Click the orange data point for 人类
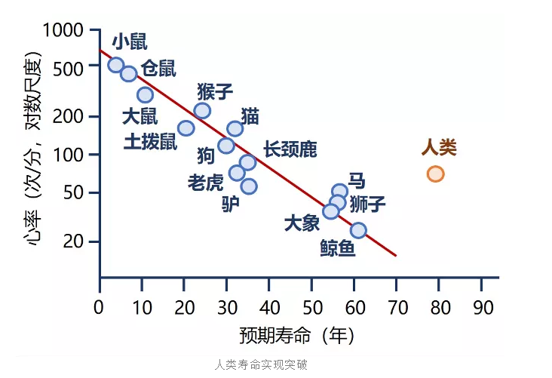tap(435, 174)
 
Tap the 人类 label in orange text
tap(439, 148)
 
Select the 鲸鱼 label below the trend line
tap(338, 248)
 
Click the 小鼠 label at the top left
tap(130, 42)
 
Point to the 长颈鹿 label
tap(290, 149)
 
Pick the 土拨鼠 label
tap(150, 142)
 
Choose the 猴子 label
tap(215, 91)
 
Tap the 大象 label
tap(302, 223)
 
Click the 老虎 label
tap(206, 183)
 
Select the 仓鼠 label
tap(158, 69)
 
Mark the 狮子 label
tap(367, 204)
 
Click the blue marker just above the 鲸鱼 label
tap(358, 230)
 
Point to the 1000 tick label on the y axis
tap(63, 30)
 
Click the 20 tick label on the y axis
tap(73, 241)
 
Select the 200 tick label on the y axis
tap(68, 116)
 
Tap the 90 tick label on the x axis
tap(483, 308)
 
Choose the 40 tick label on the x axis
tap(270, 308)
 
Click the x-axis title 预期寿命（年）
tap(296, 335)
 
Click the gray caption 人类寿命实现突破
tap(261, 364)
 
